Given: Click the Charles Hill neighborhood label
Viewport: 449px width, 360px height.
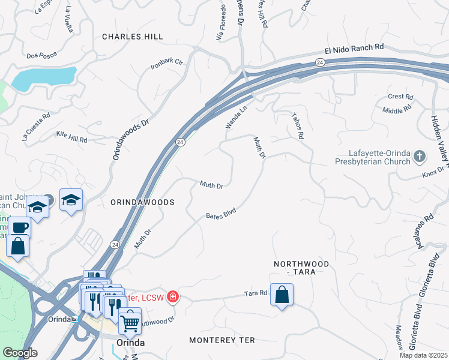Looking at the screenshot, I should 132,37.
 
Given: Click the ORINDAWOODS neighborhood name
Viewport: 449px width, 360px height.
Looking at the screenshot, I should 142,203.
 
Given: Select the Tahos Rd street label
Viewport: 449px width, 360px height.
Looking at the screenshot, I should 296,126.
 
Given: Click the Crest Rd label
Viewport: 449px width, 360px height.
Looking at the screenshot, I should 400,97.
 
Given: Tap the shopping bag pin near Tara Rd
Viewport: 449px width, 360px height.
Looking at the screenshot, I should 282,294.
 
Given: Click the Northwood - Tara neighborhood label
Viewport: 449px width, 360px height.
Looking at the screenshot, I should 301,268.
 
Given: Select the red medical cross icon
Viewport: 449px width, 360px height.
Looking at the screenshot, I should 173,296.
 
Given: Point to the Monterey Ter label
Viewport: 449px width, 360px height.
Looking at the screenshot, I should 221,340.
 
